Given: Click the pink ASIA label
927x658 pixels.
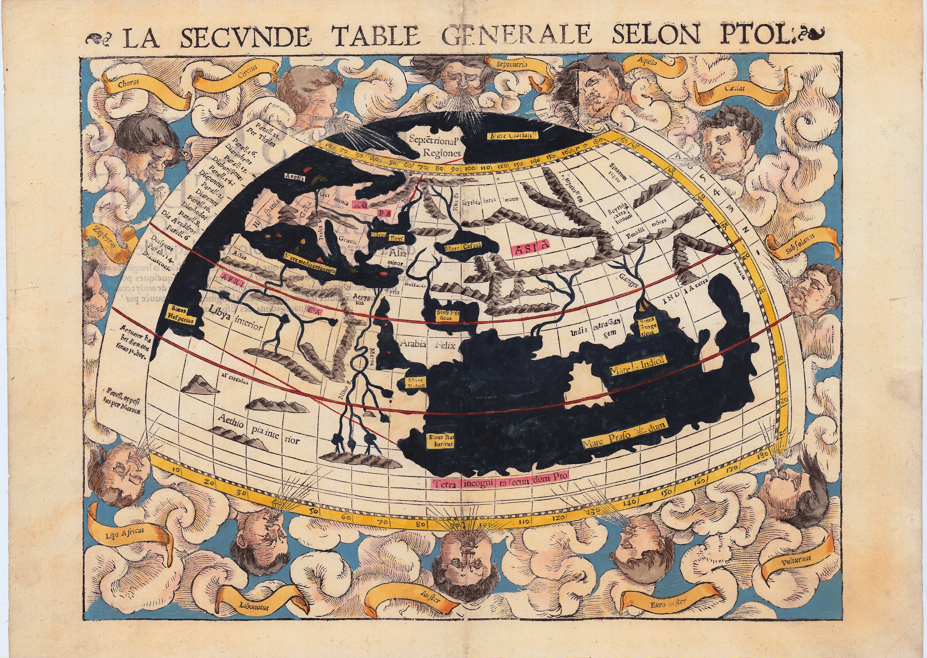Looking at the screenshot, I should click(531, 245).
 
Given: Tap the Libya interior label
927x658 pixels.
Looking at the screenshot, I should click(236, 322).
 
